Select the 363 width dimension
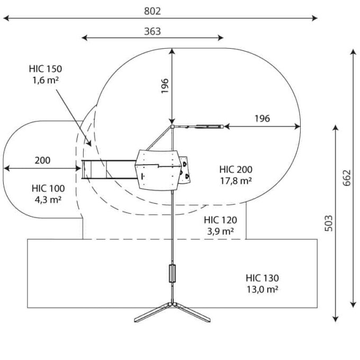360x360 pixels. pyautogui.click(x=152, y=31)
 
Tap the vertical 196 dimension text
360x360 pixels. pyautogui.click(x=165, y=85)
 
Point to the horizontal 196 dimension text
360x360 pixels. pyautogui.click(x=262, y=119)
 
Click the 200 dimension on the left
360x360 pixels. pyautogui.click(x=43, y=161)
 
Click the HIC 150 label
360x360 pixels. pyautogui.click(x=46, y=69)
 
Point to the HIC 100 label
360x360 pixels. pyautogui.click(x=48, y=188)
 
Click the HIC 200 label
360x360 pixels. pyautogui.click(x=236, y=170)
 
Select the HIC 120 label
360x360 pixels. pyautogui.click(x=220, y=220)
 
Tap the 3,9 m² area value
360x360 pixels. pyautogui.click(x=220, y=231)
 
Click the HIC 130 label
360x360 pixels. pyautogui.click(x=262, y=278)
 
